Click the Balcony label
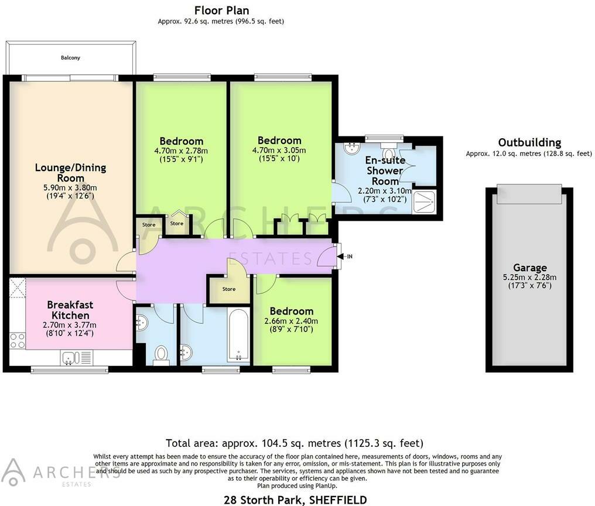70,58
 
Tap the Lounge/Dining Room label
71,173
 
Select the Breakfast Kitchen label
70,310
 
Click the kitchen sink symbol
71,358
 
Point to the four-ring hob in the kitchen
18,341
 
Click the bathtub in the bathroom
238,334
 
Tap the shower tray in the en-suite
424,201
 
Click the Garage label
530,268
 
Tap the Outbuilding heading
529,143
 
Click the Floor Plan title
221,11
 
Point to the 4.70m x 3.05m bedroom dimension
279,151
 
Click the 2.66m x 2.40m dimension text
291,321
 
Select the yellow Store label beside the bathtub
229,289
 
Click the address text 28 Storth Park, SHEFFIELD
295,500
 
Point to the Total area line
295,443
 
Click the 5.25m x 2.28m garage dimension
530,278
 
